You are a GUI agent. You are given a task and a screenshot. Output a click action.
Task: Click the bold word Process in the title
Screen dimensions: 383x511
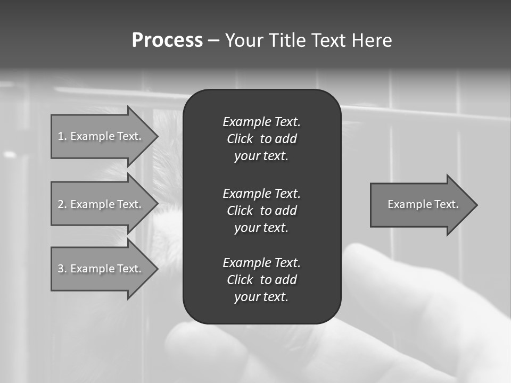pos(167,40)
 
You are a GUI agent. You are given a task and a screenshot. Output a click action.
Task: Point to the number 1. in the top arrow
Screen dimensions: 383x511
pos(62,136)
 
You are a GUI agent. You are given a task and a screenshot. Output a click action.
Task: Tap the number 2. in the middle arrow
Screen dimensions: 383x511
pos(62,204)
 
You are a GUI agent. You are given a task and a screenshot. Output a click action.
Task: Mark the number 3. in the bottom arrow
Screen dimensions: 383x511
pos(62,269)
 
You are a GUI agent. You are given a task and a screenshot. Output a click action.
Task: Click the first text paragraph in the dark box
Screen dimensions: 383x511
pos(261,139)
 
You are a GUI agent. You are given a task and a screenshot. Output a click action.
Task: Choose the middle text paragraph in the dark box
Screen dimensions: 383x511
pos(261,211)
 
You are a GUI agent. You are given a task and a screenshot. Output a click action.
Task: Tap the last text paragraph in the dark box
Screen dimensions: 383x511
pos(261,280)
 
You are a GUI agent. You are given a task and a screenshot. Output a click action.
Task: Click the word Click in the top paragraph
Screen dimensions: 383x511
pos(240,139)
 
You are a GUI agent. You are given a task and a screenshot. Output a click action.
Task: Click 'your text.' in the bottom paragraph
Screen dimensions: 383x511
pos(261,297)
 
